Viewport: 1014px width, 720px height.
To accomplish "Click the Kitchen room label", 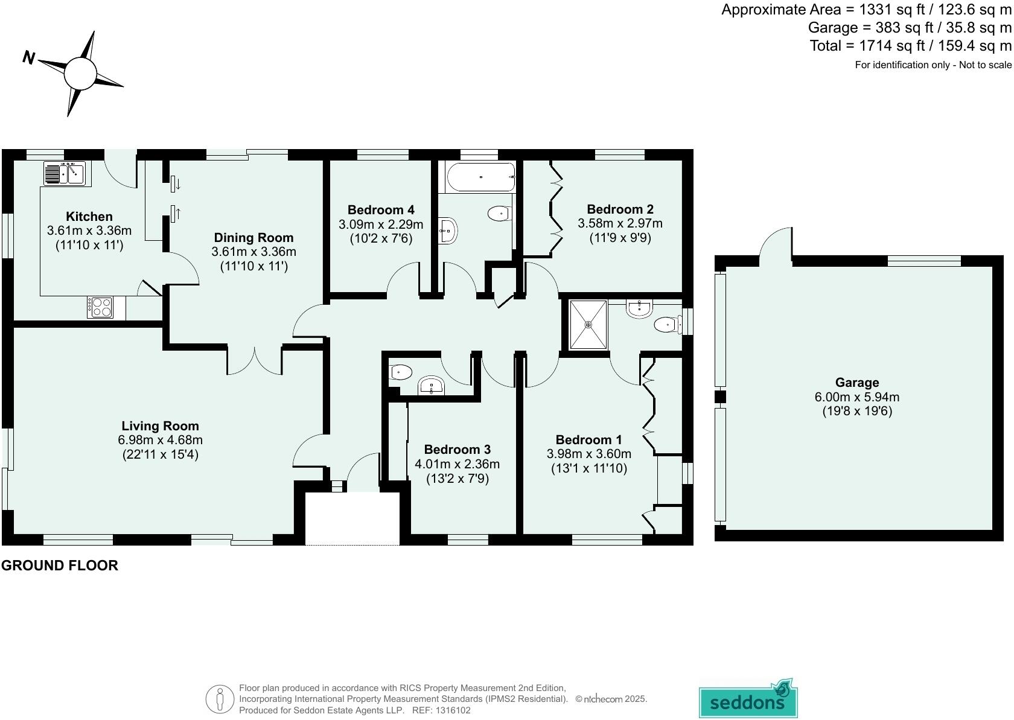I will tap(89, 216).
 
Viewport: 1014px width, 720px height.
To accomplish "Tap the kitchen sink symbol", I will tap(66, 173).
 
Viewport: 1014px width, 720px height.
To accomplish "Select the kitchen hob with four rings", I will tap(100, 307).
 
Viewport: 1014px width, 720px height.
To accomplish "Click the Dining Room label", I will tap(253, 237).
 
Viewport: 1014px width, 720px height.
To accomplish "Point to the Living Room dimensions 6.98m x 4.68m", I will tap(160, 440).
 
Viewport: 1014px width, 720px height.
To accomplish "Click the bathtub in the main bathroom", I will tap(480, 177).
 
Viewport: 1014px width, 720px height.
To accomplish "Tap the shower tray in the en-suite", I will tap(588, 325).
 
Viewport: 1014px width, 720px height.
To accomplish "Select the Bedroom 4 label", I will tap(381, 209).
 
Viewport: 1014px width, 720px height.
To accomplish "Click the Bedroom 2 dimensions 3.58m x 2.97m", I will tap(620, 223).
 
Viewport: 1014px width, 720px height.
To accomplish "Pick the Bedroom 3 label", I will tap(457, 449).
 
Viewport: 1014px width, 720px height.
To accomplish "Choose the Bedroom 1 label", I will tap(588, 439).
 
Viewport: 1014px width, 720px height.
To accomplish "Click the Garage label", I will tap(856, 382).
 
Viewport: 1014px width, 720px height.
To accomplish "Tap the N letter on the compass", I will tap(28, 58).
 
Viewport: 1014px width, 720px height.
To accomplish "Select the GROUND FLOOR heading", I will tap(60, 565).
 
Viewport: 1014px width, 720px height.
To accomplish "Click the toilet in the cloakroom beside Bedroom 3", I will tap(401, 372).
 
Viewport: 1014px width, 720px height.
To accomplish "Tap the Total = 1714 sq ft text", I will tap(910, 46).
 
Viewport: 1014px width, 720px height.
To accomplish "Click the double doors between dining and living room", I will tap(255, 361).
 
